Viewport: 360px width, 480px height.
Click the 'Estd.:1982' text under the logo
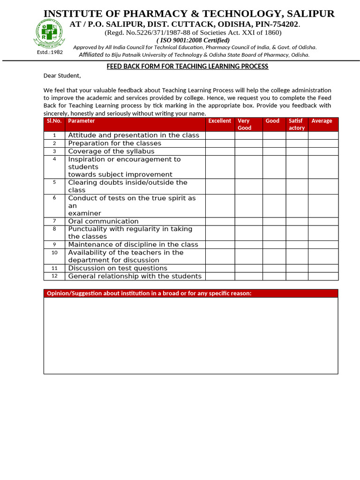50,52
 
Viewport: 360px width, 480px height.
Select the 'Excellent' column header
219,121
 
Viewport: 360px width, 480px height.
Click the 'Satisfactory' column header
296,124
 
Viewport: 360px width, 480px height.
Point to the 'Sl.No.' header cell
54,121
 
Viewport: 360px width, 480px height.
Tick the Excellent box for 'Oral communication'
220,221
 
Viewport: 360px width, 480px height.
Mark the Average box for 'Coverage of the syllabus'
323,151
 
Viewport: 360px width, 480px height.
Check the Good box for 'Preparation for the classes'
274,143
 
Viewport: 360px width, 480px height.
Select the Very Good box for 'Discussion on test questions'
248,268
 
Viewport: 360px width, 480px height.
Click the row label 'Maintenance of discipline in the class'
133,245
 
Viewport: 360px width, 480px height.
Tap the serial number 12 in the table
54,276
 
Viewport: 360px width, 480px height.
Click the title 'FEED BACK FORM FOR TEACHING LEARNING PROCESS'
187,67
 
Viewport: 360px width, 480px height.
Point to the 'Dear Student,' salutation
62,76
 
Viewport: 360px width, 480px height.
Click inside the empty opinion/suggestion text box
191,335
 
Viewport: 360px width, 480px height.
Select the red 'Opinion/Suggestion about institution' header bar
191,293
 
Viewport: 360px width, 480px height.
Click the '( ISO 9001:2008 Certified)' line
193,40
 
